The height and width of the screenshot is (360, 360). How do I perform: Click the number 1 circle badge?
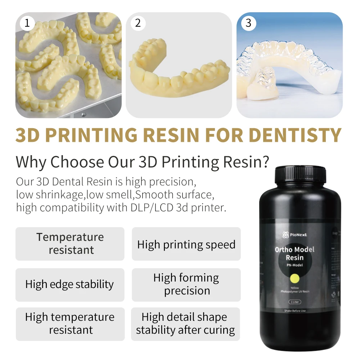click(27, 23)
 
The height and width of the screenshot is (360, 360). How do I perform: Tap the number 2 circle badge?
click(138, 23)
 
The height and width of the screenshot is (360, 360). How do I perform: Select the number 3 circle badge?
click(248, 23)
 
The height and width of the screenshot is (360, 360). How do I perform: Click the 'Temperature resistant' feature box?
click(70, 244)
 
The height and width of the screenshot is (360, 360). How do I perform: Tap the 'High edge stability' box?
click(70, 284)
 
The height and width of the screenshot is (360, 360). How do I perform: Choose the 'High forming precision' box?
click(186, 284)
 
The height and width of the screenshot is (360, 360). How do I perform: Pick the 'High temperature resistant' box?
click(70, 324)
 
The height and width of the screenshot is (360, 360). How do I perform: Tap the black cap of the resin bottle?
click(300, 175)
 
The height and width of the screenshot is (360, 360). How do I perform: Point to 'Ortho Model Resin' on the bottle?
click(294, 253)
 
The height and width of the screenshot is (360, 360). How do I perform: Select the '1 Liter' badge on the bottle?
click(294, 302)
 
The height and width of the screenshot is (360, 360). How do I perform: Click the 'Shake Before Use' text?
click(294, 311)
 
